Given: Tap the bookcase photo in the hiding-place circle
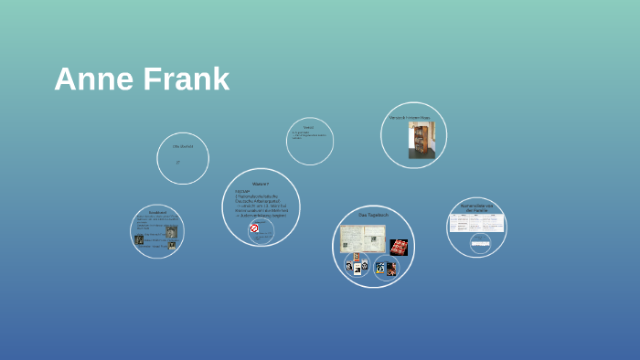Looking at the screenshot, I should (421, 140).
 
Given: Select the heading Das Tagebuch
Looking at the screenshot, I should (373, 215).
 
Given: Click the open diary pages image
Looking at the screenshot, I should (363, 238).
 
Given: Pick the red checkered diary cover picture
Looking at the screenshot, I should (399, 247).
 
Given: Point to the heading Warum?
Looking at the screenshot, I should (261, 184).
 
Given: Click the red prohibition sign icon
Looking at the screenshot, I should (254, 228).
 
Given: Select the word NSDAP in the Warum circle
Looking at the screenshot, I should (242, 192).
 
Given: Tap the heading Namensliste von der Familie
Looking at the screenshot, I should (477, 207).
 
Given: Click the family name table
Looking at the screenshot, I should (476, 223).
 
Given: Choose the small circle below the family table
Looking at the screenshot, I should (480, 243).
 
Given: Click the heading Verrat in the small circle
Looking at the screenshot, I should (308, 127).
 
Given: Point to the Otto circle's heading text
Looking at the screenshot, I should (183, 146).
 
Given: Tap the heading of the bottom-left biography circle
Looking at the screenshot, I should (157, 213).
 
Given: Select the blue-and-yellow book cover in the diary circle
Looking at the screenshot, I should (379, 268).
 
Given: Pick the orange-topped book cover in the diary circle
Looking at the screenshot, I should (357, 259).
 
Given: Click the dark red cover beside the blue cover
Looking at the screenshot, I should (391, 269).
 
